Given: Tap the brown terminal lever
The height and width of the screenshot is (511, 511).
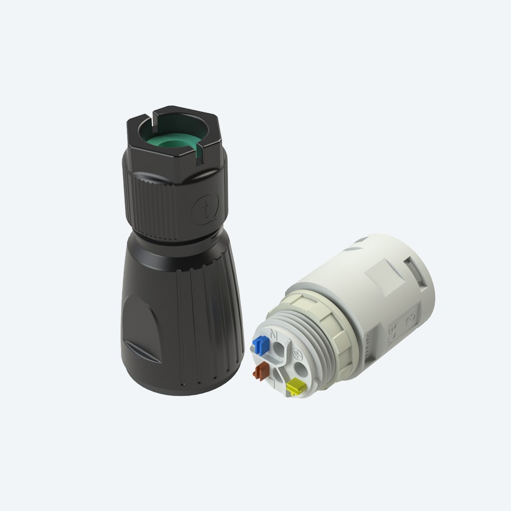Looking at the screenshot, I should coord(261,371).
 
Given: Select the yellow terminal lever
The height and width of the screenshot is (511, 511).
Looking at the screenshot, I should coord(295,387).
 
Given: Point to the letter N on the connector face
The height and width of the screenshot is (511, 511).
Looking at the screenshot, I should coord(273,335).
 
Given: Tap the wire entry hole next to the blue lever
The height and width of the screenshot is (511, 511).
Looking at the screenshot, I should coord(278,350).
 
